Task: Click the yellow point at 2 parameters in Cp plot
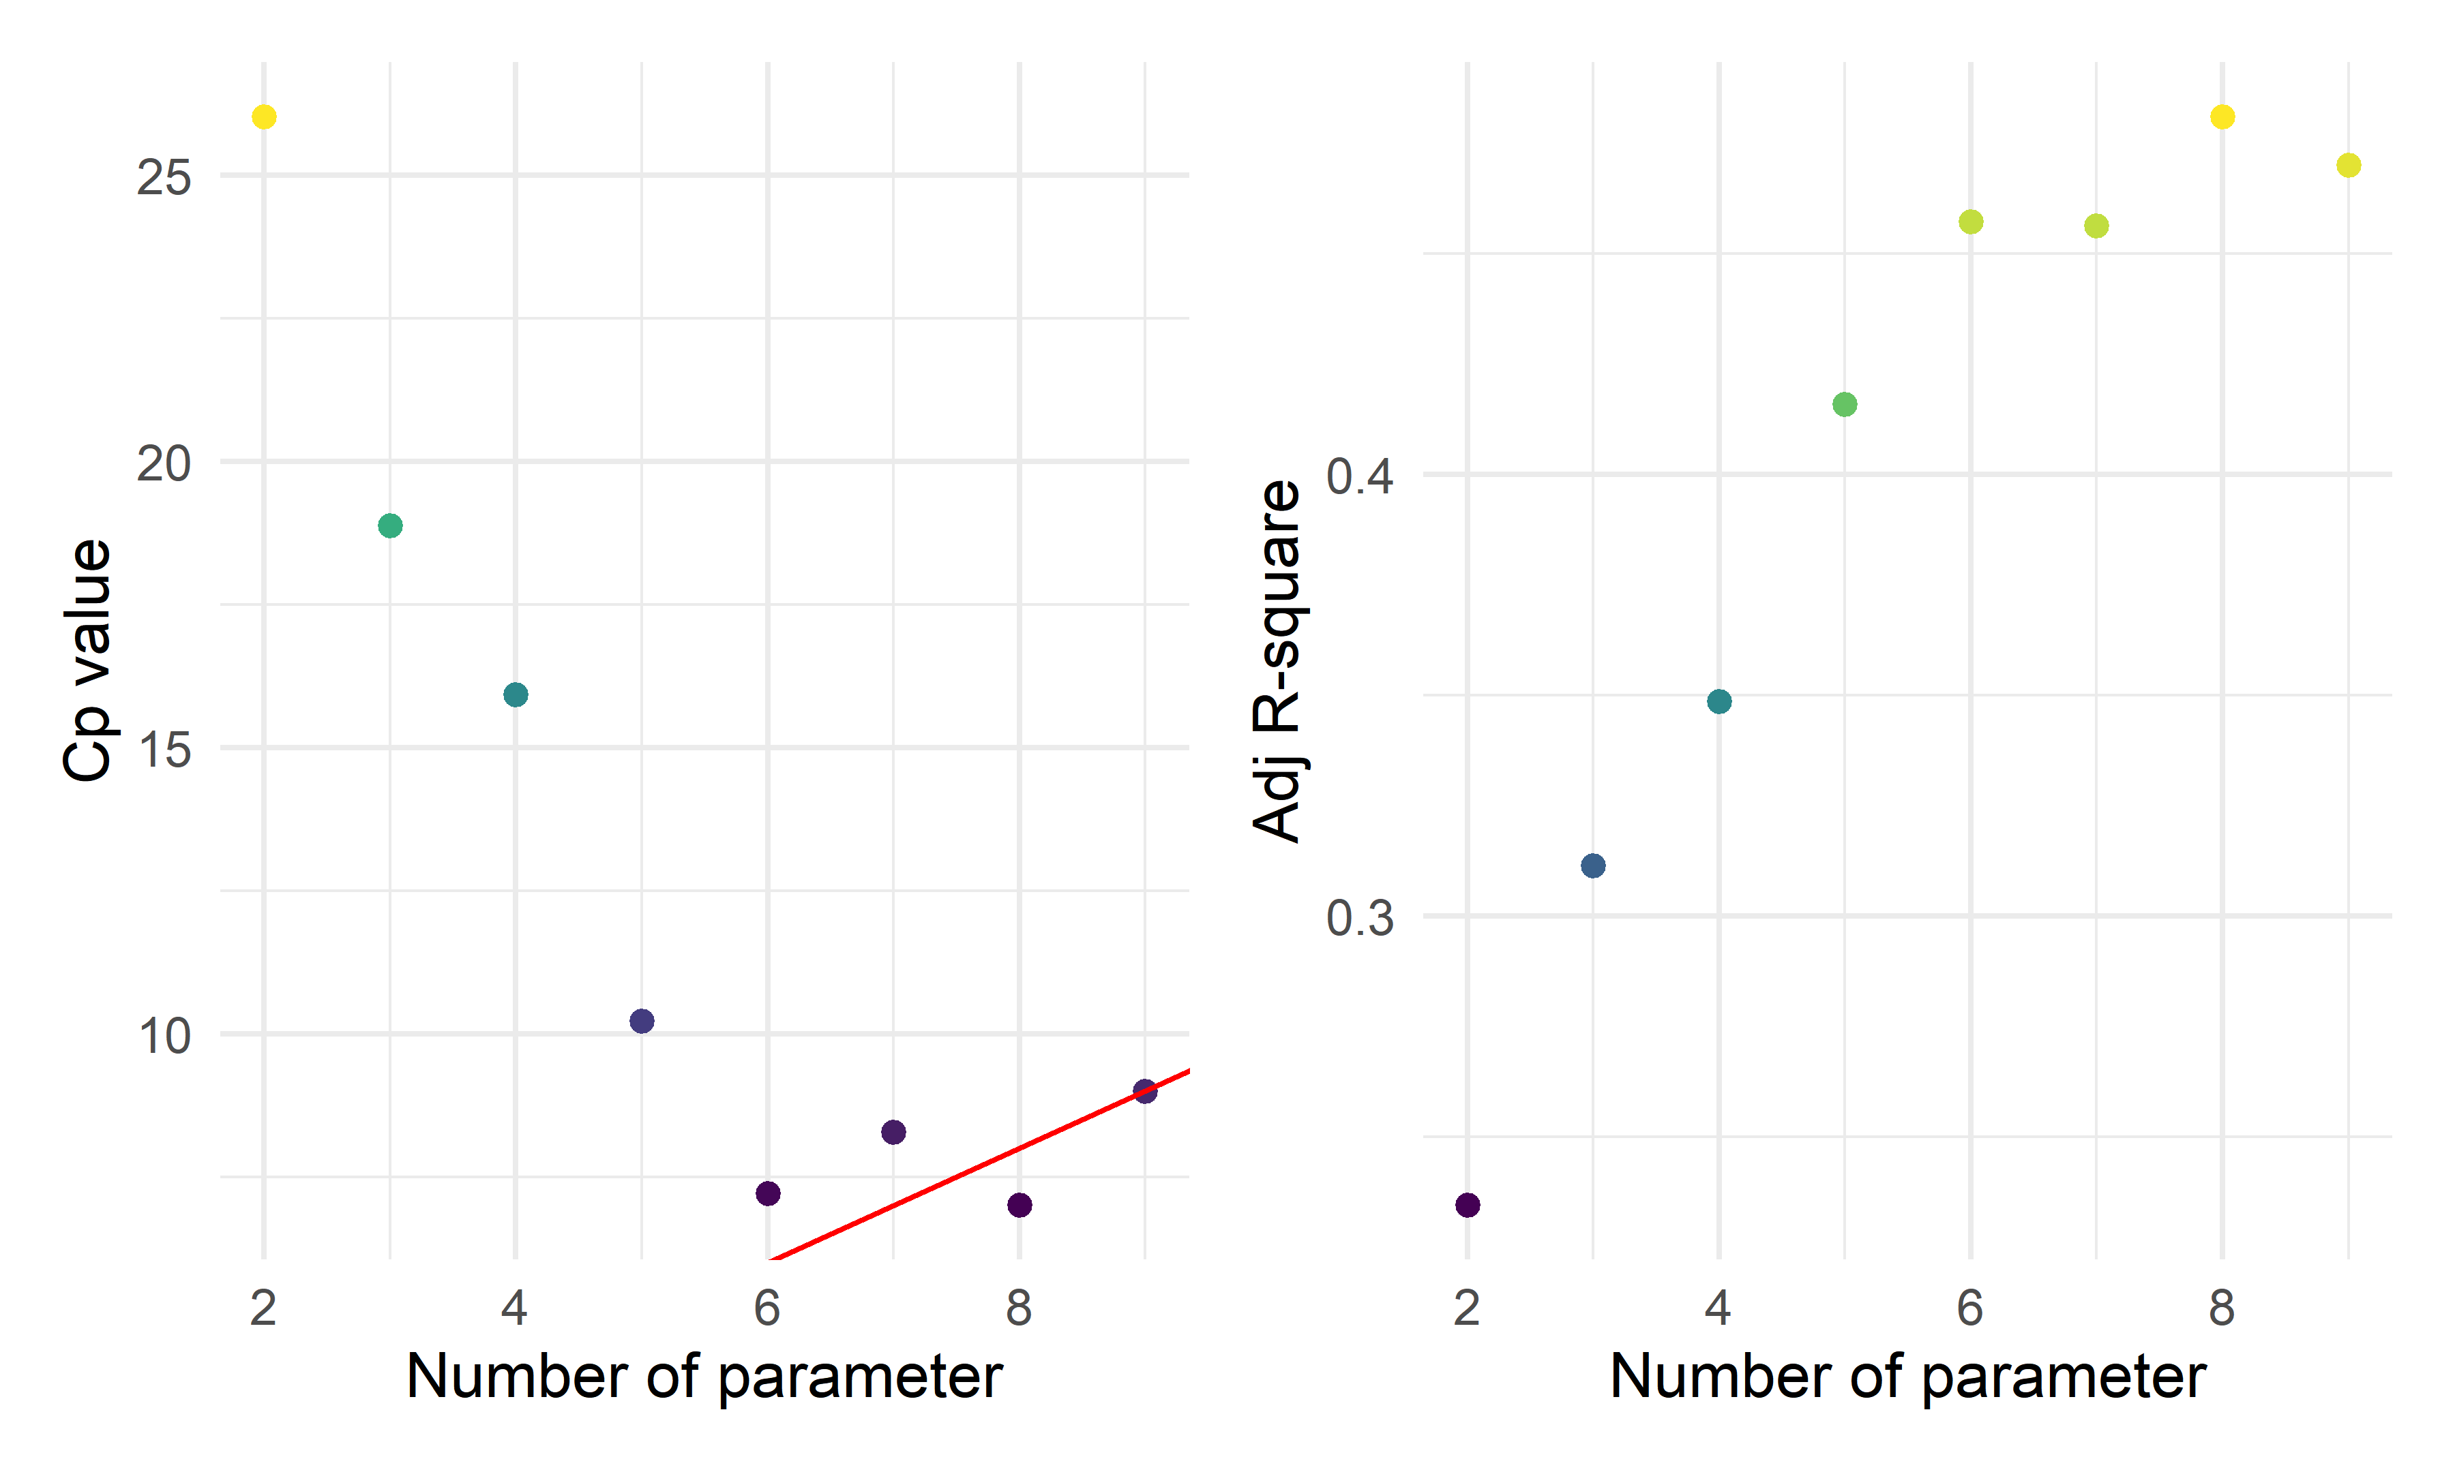[x=264, y=117]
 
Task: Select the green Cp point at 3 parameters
[x=390, y=525]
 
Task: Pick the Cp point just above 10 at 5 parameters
[x=642, y=1021]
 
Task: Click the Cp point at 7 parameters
[x=893, y=1132]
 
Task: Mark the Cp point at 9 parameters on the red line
[x=1145, y=1091]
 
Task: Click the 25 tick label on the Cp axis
[x=164, y=179]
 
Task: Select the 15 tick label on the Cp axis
[x=164, y=750]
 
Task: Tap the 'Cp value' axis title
[x=87, y=660]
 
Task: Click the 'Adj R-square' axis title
[x=1277, y=660]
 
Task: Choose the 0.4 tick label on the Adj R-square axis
[x=1360, y=476]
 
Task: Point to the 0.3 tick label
[x=1360, y=917]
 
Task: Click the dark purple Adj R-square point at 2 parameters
[x=1468, y=1205]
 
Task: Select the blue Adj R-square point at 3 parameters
[x=1592, y=866]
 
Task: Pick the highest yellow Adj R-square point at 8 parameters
[x=2222, y=117]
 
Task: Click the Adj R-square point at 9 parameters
[x=2349, y=166]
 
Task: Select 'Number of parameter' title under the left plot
[x=704, y=1377]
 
